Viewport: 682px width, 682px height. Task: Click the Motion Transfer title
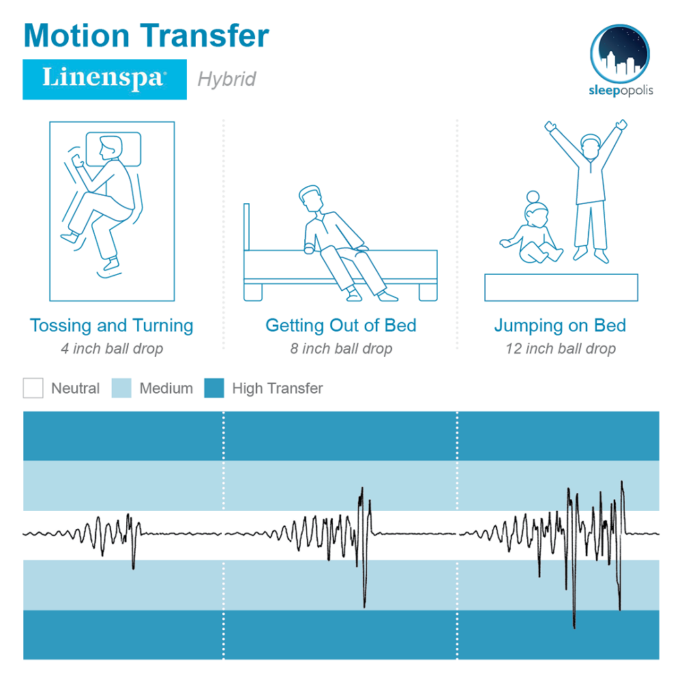[146, 35]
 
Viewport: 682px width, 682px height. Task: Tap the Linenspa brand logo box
[105, 80]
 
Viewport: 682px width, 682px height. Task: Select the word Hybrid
[226, 80]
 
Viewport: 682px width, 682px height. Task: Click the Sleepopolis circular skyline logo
[620, 54]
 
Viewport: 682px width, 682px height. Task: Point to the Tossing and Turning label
[112, 326]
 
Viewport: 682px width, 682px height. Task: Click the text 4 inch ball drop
[112, 349]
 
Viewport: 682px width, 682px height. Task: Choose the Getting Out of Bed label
[341, 326]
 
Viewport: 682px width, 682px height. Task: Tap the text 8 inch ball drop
[341, 349]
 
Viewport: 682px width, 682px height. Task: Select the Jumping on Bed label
[560, 326]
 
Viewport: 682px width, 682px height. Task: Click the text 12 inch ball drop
[560, 349]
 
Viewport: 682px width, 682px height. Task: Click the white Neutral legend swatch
[33, 388]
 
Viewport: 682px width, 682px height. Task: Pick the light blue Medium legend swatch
[121, 388]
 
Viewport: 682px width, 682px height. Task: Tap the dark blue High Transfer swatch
[214, 388]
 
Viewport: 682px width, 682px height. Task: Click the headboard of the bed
[247, 227]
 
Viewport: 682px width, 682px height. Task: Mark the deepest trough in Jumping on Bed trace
[574, 626]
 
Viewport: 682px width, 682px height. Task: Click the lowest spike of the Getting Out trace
[364, 606]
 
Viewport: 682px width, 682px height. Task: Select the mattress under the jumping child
[561, 288]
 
